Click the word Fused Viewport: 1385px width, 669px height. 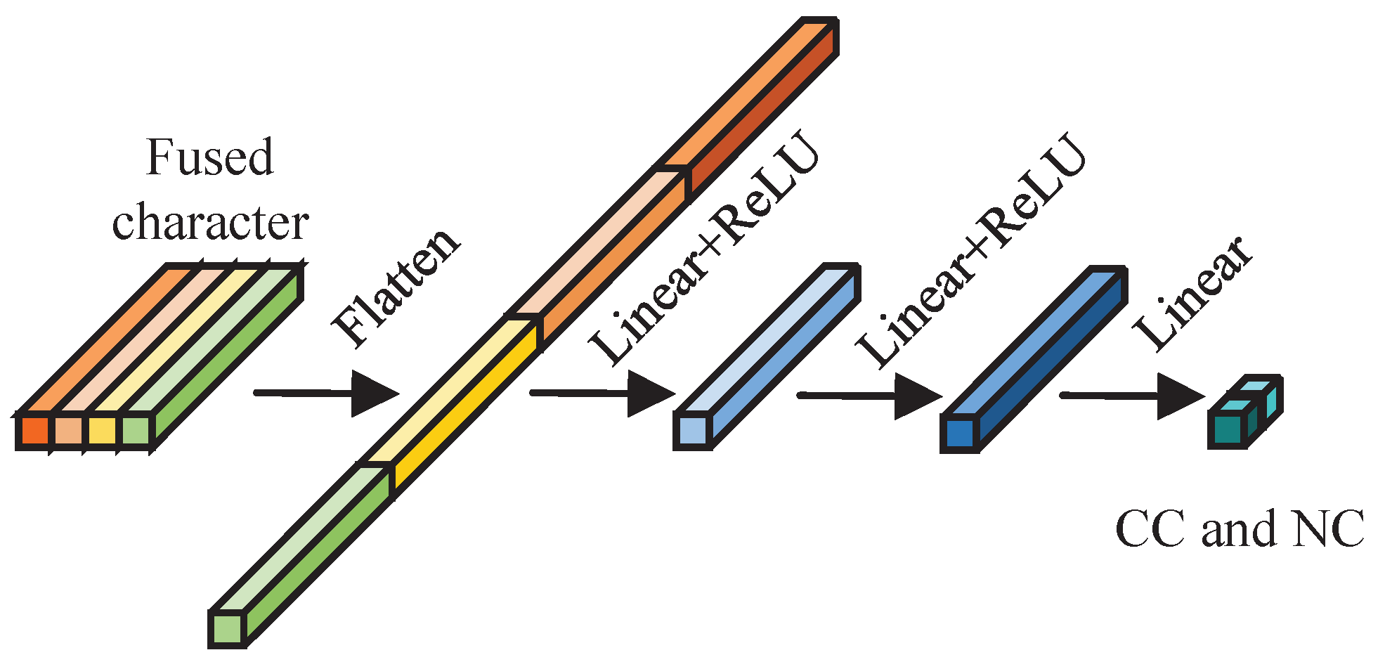[209, 157]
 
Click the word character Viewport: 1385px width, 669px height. [210, 223]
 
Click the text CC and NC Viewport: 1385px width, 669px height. [1239, 528]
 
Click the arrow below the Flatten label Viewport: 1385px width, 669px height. [327, 394]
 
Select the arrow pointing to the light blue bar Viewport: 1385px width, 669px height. [602, 394]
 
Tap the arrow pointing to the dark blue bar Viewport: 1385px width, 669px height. [869, 396]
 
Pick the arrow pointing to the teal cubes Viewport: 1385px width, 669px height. [1132, 396]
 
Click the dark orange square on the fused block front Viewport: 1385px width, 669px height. [34, 431]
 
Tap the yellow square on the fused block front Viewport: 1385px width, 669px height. [102, 431]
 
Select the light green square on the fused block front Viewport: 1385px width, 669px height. [136, 431]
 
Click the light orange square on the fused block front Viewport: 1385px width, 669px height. [68, 431]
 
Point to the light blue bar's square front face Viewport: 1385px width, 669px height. [692, 430]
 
